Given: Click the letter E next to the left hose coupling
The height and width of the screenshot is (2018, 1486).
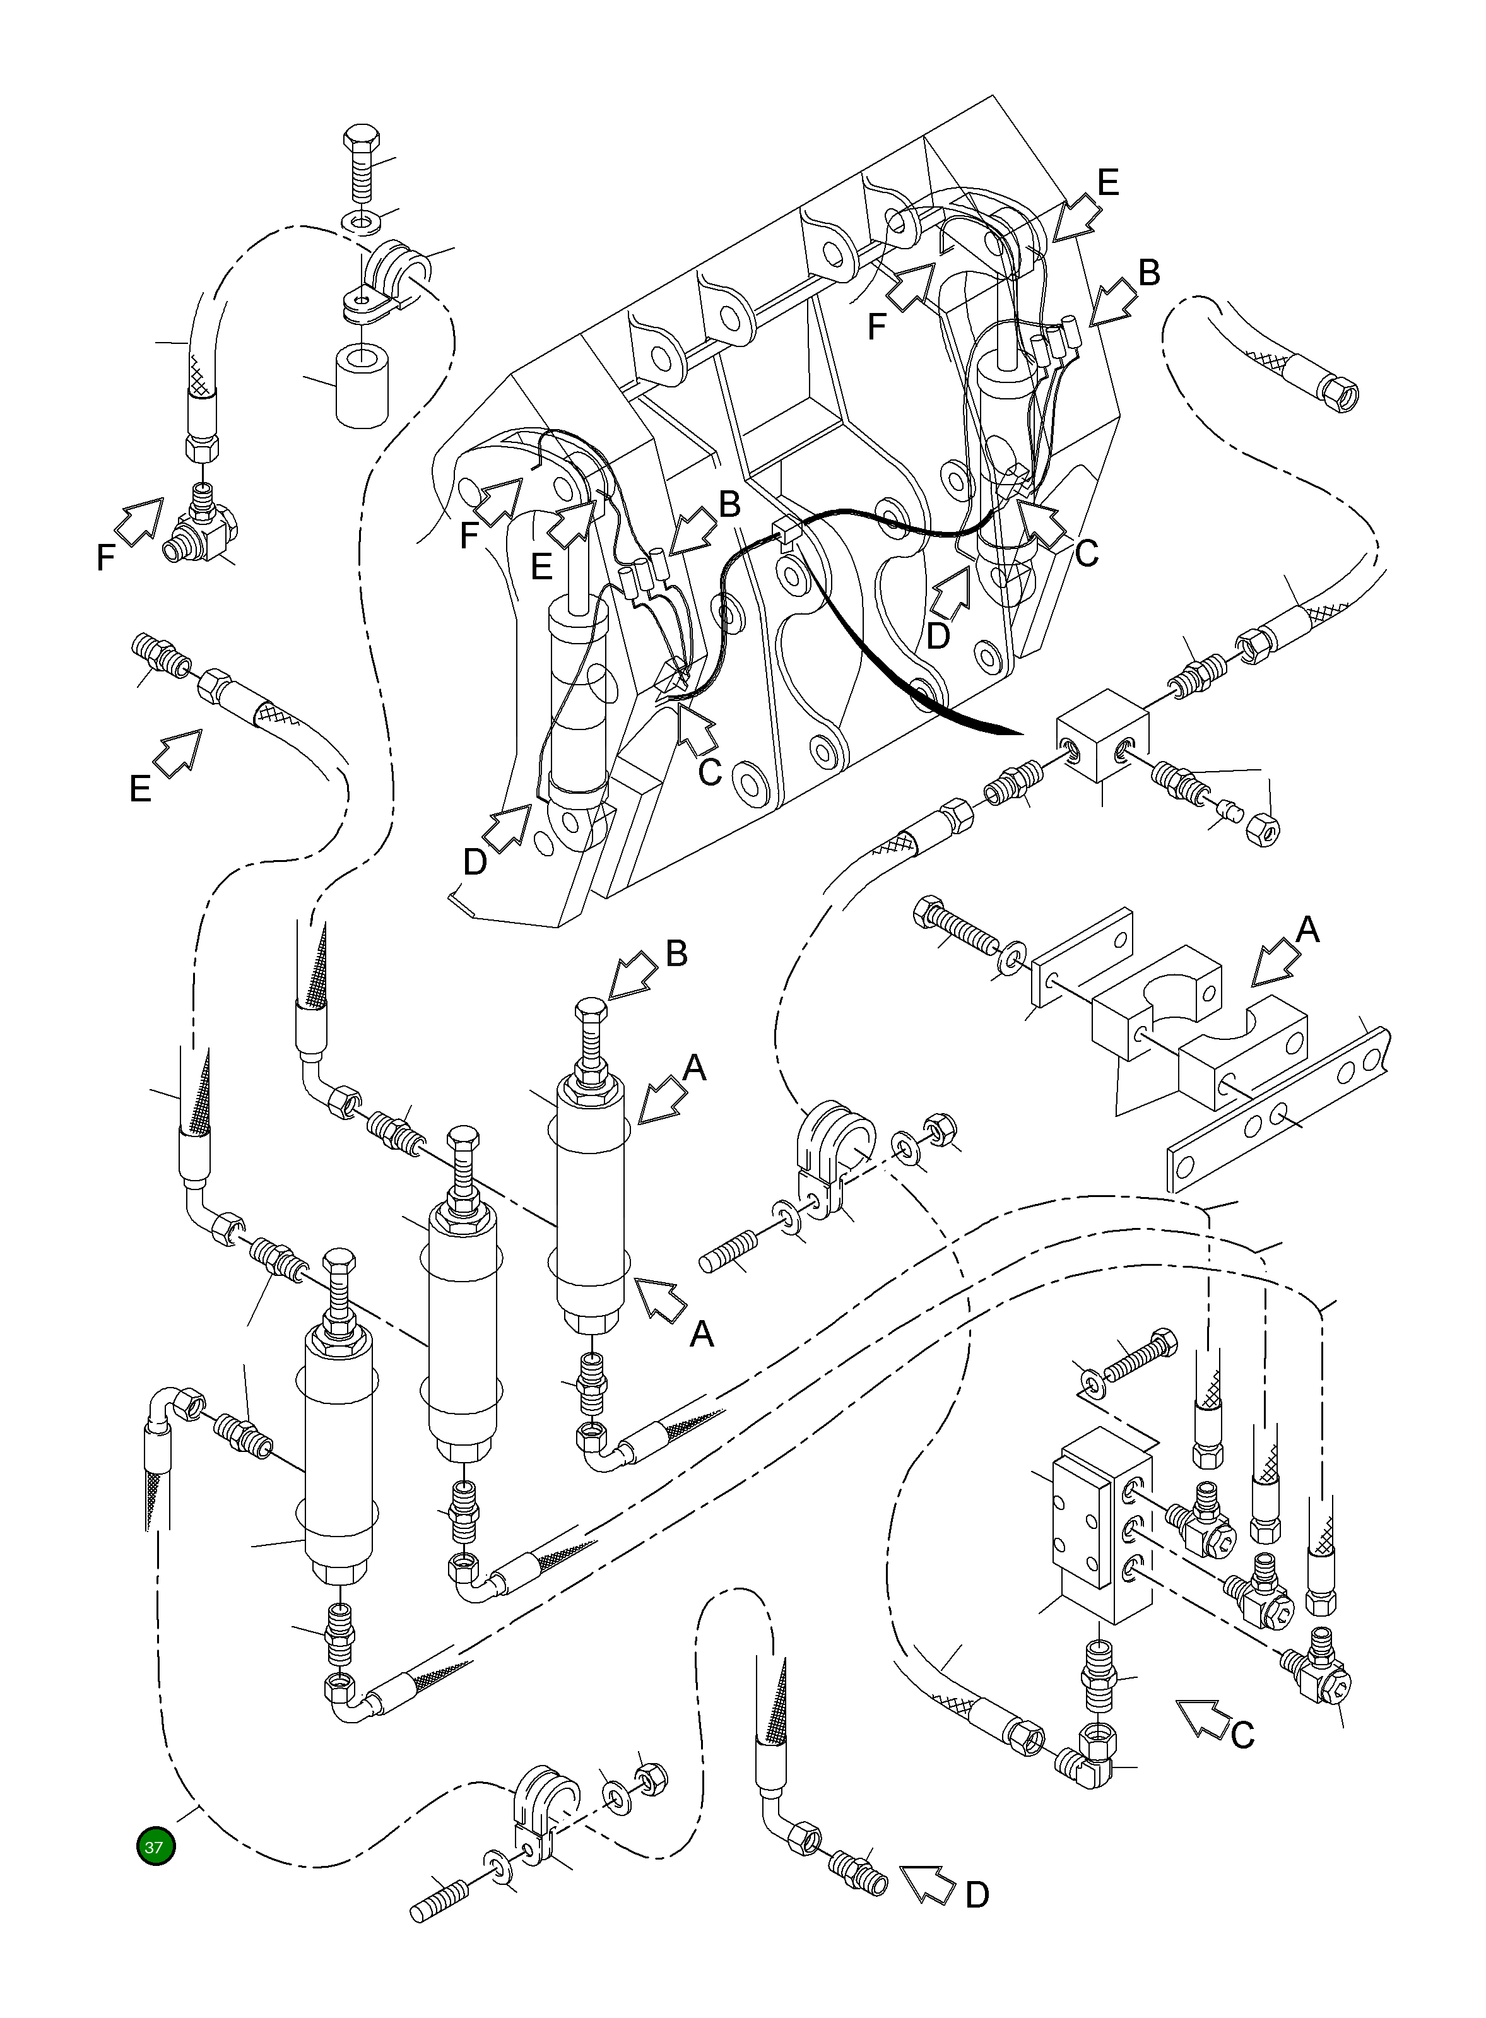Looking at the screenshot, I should [x=140, y=789].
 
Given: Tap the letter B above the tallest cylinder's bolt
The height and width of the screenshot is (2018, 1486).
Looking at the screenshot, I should [x=676, y=953].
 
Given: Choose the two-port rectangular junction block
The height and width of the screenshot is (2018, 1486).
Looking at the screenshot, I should [x=1102, y=736].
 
